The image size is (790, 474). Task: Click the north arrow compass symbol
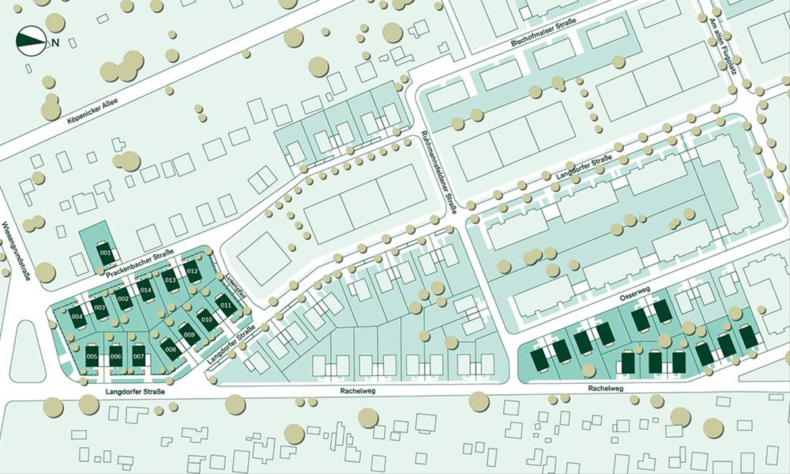[32, 41]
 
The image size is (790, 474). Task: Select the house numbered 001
[105, 253]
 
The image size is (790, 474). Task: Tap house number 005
[92, 356]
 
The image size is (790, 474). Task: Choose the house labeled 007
[138, 356]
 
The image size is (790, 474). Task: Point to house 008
[171, 349]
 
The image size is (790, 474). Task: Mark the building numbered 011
[226, 304]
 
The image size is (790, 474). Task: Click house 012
[192, 271]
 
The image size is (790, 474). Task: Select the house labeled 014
[145, 290]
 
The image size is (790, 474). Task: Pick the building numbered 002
[123, 300]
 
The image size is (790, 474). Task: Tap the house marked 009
[190, 335]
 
